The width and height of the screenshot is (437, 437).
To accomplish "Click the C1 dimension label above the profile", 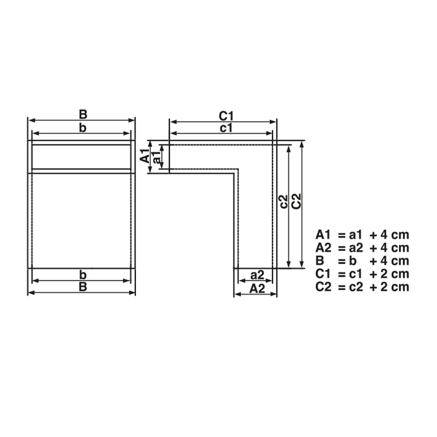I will click(x=226, y=116).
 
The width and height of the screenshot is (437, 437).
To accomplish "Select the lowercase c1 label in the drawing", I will click(x=226, y=128).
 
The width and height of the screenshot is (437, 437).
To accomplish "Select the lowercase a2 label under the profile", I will click(x=257, y=275).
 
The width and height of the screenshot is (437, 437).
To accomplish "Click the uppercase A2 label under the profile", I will click(x=257, y=288).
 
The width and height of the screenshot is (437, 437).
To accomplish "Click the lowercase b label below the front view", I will click(x=83, y=275).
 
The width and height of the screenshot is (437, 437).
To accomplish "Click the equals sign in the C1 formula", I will click(x=341, y=274).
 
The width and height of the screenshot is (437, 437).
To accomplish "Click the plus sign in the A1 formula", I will click(x=373, y=234).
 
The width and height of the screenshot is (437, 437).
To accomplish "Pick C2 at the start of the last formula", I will click(x=324, y=287).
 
